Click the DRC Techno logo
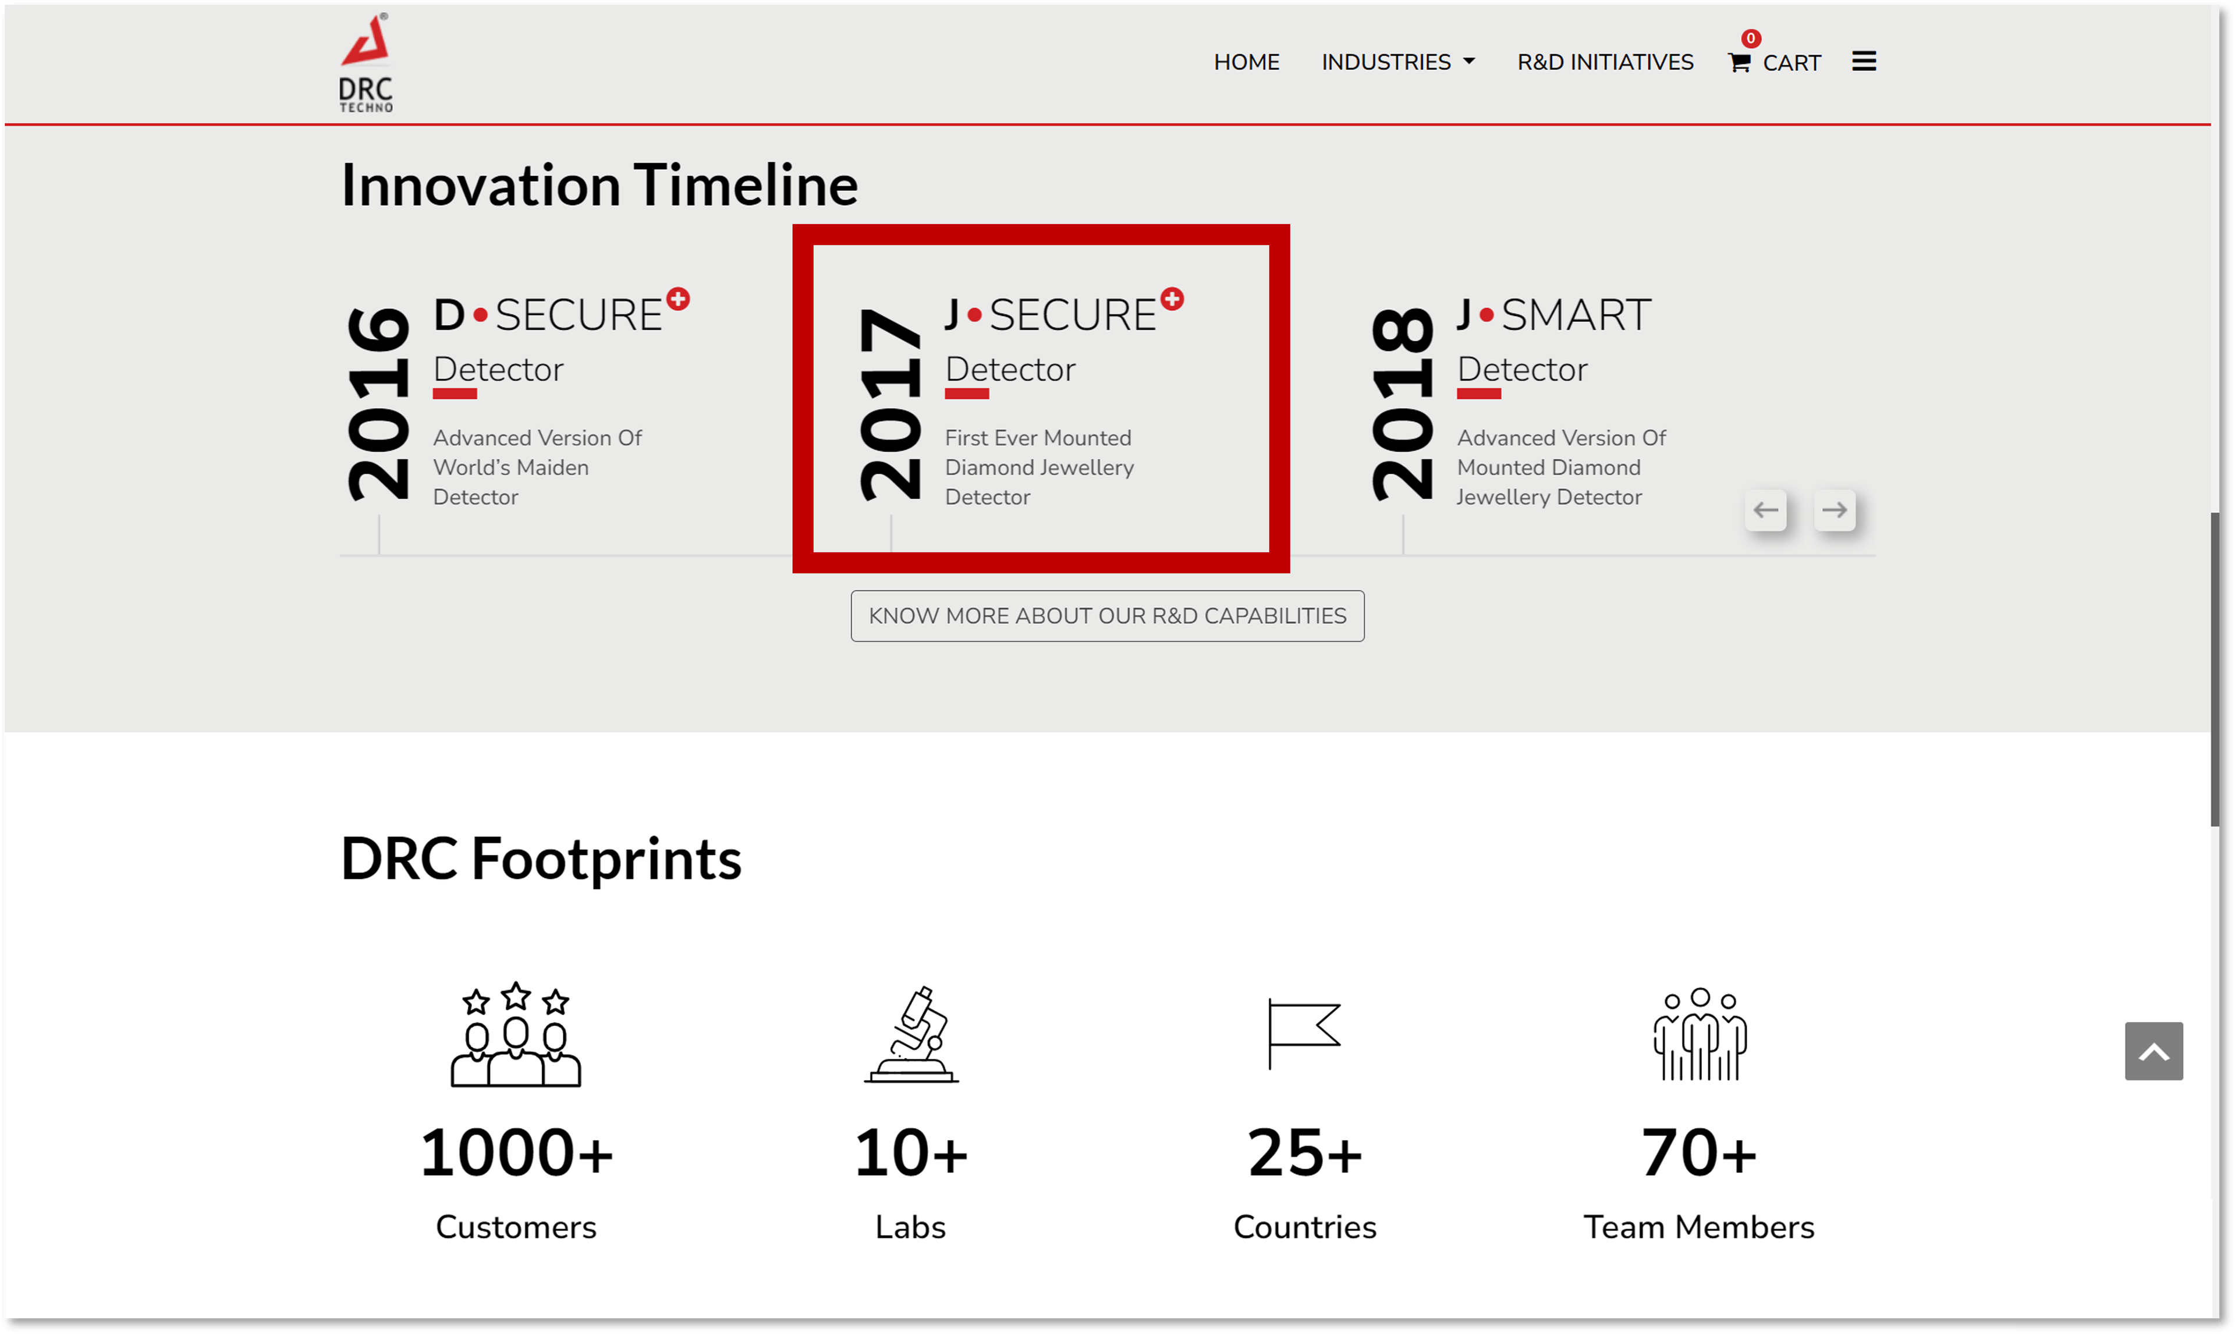[366, 63]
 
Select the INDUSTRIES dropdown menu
[1397, 62]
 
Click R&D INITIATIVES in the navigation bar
[1605, 62]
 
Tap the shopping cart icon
[1739, 62]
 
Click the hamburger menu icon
[1863, 61]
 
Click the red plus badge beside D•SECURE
[679, 299]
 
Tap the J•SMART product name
[1554, 315]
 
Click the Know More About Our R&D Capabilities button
[1107, 616]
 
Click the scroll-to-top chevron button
[2153, 1051]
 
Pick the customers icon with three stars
[516, 1034]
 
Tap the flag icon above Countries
[1303, 1033]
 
